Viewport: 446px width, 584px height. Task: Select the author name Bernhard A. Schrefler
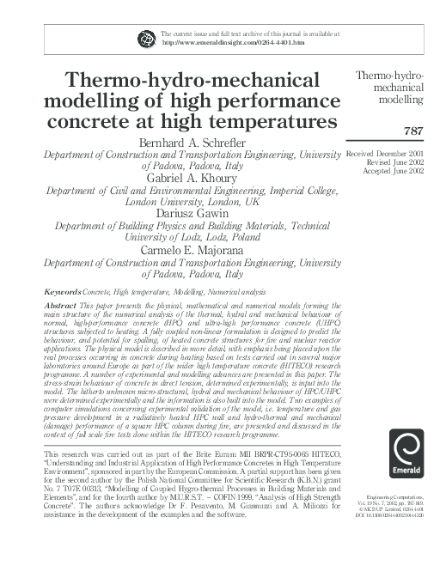coord(194,141)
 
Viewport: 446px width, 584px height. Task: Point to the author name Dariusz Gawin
coord(194,212)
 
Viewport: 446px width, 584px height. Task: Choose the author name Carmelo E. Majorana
coord(194,250)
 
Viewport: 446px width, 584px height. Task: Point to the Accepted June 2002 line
coord(394,170)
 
